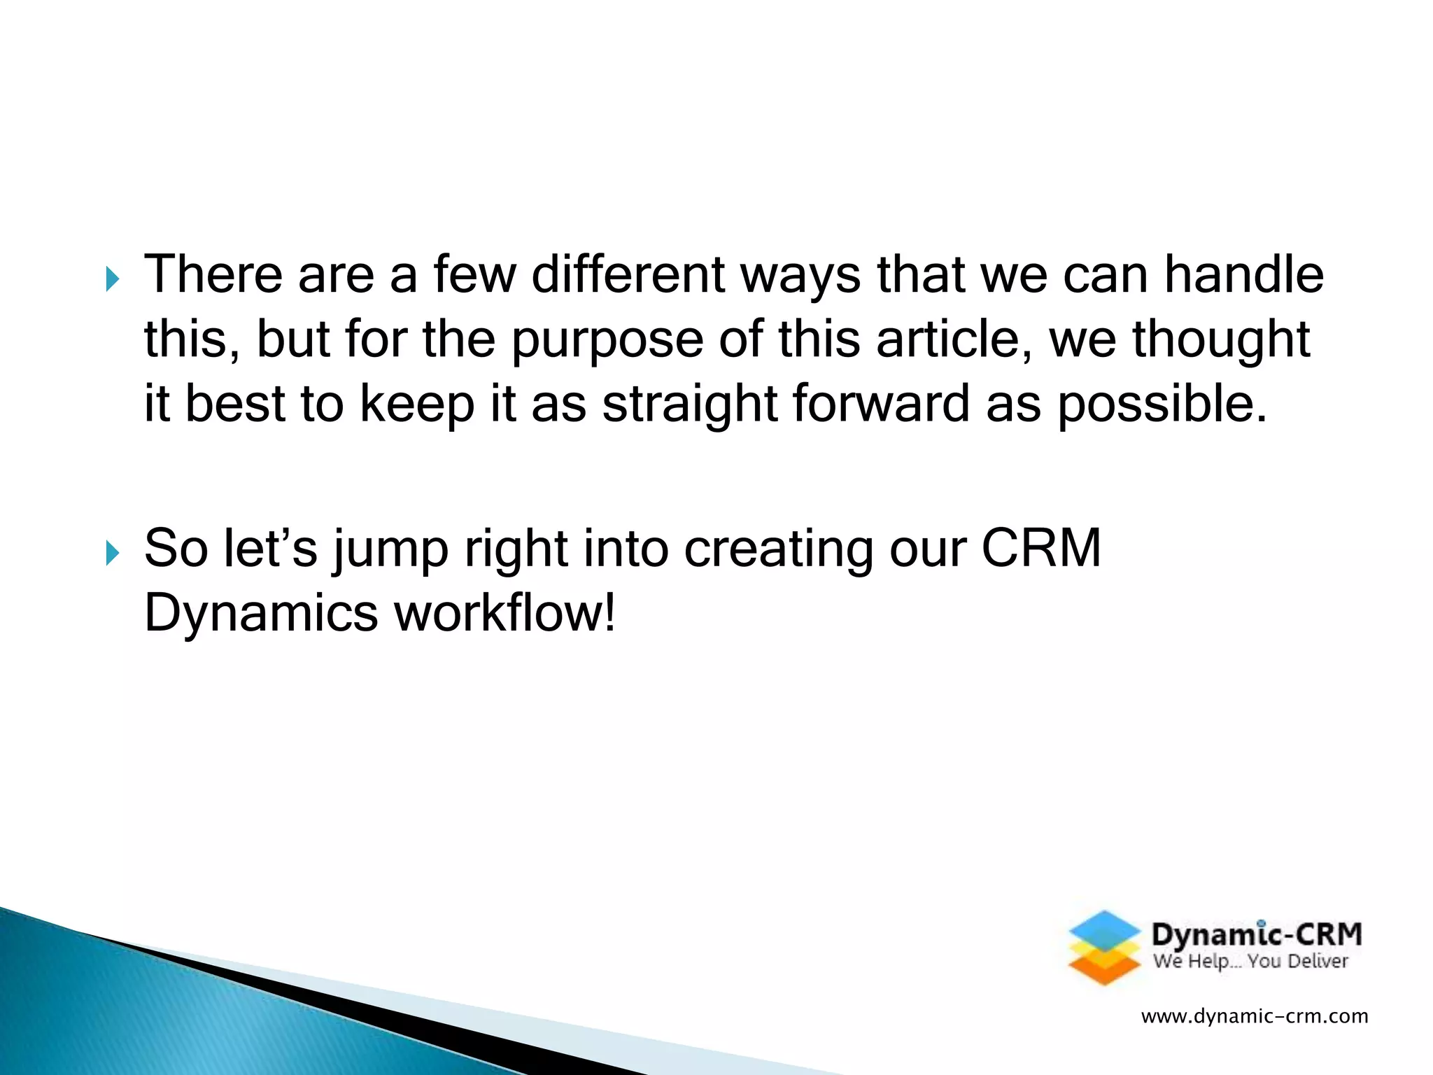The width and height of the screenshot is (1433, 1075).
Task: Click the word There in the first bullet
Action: pos(213,274)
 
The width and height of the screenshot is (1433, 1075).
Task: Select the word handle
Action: pos(1243,274)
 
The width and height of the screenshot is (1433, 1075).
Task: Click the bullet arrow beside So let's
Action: pos(112,554)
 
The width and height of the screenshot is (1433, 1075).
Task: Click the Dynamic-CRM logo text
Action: pos(1257,935)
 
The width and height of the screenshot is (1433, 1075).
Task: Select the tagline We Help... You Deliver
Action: pos(1250,962)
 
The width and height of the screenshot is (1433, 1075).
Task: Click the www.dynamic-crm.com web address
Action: pos(1254,1016)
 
